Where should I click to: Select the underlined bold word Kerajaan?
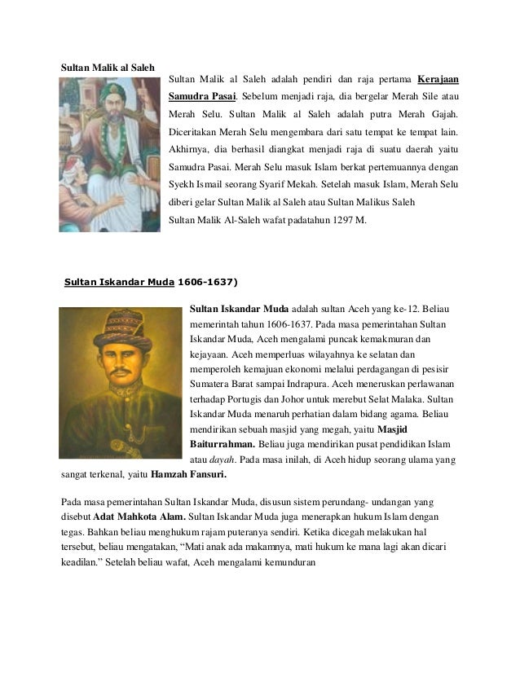point(438,80)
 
